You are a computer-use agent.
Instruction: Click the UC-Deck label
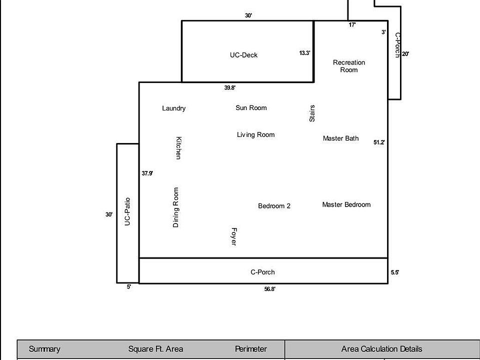pos(243,55)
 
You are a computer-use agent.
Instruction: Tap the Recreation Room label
pos(349,66)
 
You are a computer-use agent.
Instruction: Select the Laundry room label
pos(174,108)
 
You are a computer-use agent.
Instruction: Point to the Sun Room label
pos(251,108)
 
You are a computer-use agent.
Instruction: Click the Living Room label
pos(255,134)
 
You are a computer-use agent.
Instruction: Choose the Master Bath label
pos(340,138)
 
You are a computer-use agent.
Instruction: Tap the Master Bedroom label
pos(346,204)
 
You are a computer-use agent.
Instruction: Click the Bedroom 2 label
pos(274,206)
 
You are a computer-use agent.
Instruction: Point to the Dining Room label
pos(175,207)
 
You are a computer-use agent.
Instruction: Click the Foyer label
pos(233,236)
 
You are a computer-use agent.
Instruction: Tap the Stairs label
pos(312,113)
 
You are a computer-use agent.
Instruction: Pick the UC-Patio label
pos(127,212)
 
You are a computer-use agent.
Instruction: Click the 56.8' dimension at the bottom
pos(270,289)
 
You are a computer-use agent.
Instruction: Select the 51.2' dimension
pos(379,142)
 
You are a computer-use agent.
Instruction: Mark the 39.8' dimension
pos(230,88)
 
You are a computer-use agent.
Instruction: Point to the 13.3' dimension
pos(305,53)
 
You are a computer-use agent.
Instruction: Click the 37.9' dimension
pos(147,173)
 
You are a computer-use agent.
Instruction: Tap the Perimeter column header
pos(251,349)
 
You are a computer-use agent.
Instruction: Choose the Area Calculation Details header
pos(381,349)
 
